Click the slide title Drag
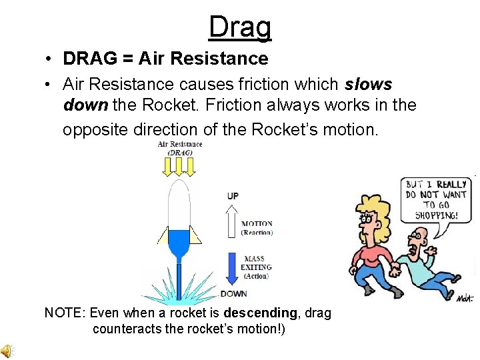(240, 27)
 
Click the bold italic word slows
(369, 85)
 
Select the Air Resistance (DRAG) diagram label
(179, 148)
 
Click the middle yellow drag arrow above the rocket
(179, 166)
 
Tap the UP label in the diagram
(233, 196)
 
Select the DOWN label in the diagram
(233, 293)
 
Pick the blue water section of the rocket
(179, 241)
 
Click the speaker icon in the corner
(7, 351)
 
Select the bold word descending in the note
(260, 313)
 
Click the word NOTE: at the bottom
(64, 313)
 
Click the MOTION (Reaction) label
(257, 228)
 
